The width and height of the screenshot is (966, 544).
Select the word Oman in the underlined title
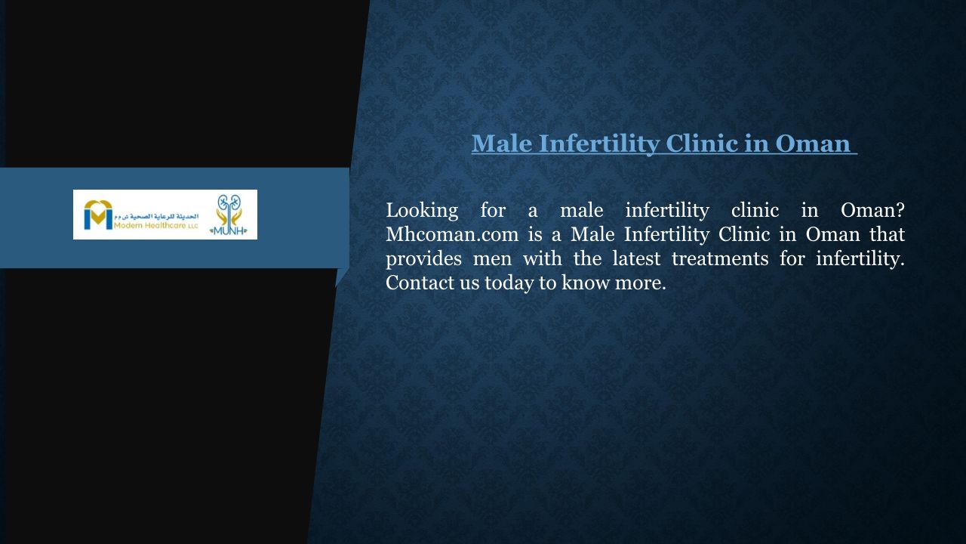tap(813, 144)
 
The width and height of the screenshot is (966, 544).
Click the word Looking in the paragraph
tap(422, 211)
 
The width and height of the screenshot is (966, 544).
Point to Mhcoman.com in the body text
tap(452, 234)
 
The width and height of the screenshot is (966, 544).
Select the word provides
tap(423, 259)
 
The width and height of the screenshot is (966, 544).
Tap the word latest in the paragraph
tap(636, 258)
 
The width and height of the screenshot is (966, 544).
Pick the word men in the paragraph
tap(492, 260)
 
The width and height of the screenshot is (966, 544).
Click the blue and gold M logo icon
tap(98, 215)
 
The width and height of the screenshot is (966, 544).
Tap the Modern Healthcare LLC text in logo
tap(156, 226)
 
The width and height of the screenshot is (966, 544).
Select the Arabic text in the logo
tap(156, 216)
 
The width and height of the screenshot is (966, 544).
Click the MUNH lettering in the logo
tap(229, 230)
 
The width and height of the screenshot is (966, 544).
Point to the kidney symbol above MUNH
tap(229, 204)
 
